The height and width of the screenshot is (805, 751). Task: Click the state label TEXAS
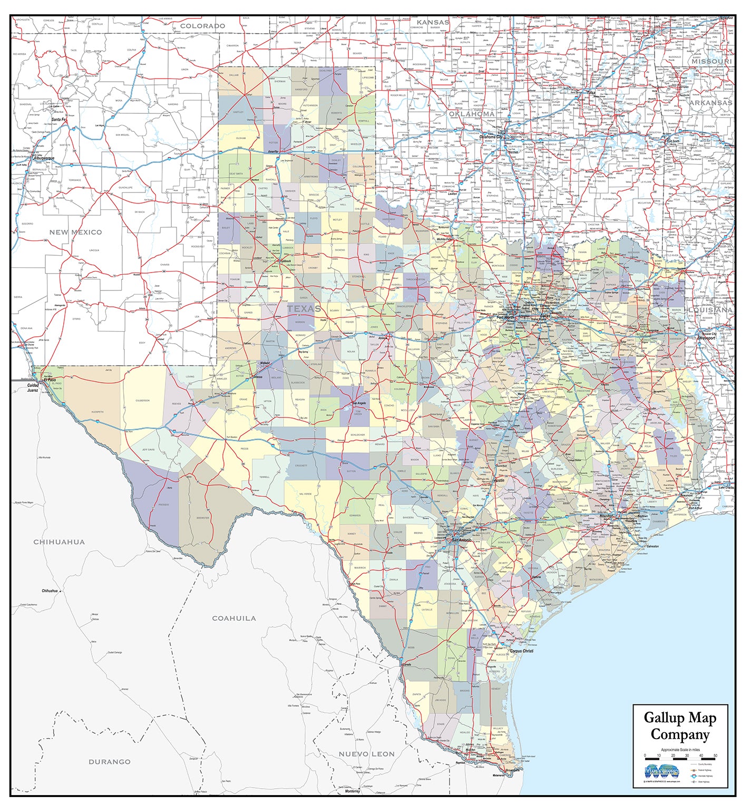point(304,308)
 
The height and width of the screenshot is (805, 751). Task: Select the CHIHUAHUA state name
point(59,541)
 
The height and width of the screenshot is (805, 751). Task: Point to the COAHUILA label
point(233,618)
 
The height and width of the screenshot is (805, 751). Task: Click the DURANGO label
point(109,761)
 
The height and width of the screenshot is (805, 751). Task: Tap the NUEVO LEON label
point(366,754)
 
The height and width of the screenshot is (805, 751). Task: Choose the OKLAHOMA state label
point(472,114)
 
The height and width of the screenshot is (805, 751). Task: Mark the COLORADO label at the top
point(202,26)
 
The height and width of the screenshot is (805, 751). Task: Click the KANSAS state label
point(433,22)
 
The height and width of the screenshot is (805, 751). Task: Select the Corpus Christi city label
point(521,651)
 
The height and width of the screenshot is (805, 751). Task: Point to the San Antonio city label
point(461,540)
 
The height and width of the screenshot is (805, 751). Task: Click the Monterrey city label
point(352,791)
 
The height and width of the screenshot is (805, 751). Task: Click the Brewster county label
point(203,518)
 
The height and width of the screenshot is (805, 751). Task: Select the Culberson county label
point(142,401)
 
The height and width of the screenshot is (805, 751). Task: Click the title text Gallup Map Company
point(680,726)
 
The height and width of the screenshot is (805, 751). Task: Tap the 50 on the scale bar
point(715,755)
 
